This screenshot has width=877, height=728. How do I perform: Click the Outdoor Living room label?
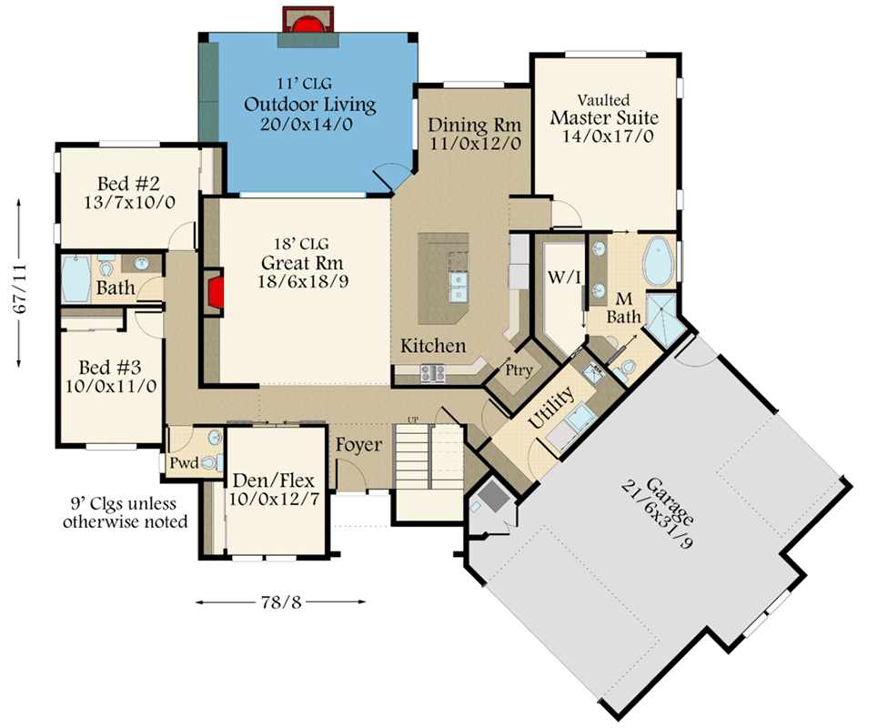pyautogui.click(x=309, y=105)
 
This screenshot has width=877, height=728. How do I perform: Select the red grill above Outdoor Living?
pyautogui.click(x=309, y=21)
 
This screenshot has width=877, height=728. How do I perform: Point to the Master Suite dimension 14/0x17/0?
pyautogui.click(x=604, y=136)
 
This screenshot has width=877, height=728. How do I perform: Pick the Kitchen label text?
pyautogui.click(x=434, y=346)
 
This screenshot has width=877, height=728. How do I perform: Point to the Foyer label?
pyautogui.click(x=359, y=445)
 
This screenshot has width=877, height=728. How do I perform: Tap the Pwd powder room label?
pyautogui.click(x=183, y=463)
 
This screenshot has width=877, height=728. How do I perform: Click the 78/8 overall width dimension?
pyautogui.click(x=280, y=602)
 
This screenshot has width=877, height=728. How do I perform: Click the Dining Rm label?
pyautogui.click(x=474, y=125)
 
